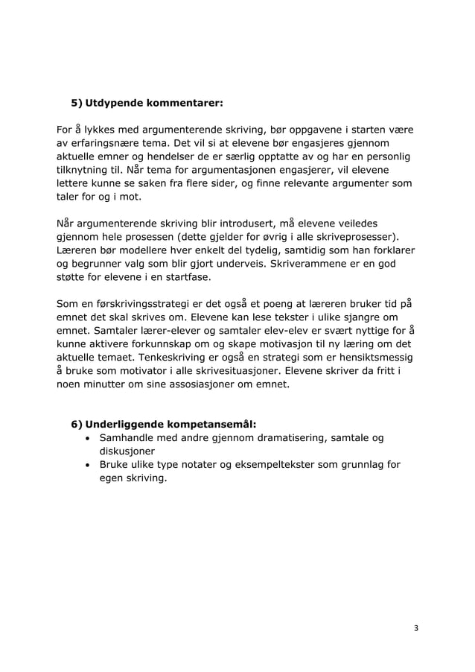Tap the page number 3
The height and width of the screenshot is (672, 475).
point(416,628)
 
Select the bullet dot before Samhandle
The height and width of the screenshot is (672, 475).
point(89,439)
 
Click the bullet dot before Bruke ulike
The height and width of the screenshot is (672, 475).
point(89,466)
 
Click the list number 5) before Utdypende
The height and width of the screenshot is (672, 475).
point(77,101)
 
